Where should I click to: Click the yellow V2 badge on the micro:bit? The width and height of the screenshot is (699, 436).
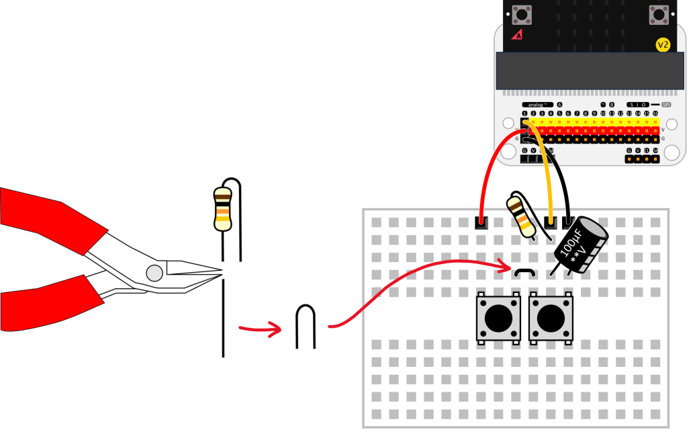pos(663,45)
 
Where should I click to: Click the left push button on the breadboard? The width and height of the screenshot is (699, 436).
pos(498,318)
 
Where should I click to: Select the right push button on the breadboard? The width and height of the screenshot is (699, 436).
pos(551,318)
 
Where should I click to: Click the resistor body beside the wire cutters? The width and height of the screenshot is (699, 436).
pos(222,209)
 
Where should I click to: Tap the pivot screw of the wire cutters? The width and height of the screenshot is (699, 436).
pos(154,273)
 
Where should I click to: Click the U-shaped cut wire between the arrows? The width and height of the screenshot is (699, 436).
pos(306,326)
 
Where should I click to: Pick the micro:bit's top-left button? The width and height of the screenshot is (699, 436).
pos(521,13)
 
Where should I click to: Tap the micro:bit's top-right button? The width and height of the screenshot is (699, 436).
pos(657,13)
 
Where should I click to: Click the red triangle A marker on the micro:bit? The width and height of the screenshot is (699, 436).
pos(517,34)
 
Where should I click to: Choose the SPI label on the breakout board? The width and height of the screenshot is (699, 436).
pos(666,105)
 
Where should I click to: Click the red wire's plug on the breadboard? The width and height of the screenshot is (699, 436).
pos(481,222)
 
